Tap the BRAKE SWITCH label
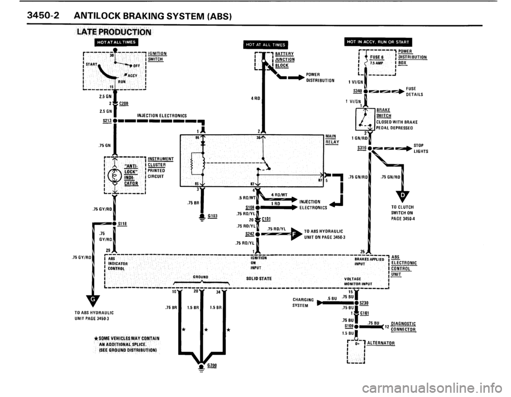coord(383,113)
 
